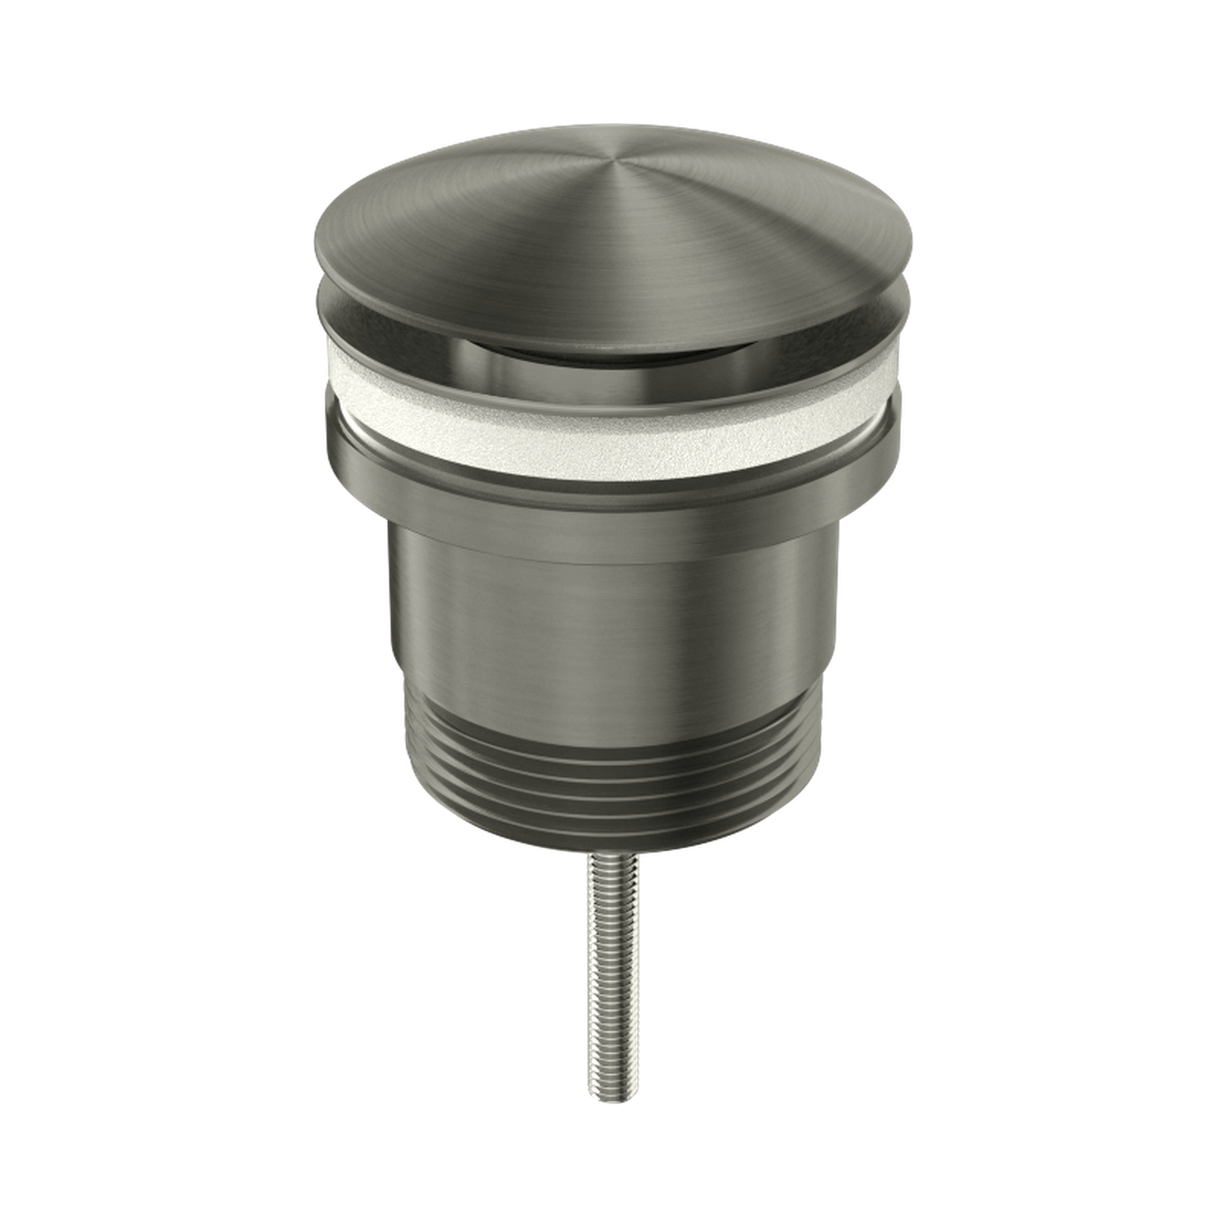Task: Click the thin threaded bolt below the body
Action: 613,921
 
